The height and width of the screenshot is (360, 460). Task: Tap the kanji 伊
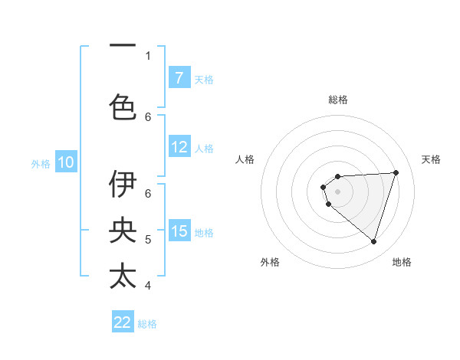[x=123, y=184]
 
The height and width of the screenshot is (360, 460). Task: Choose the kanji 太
[x=123, y=276]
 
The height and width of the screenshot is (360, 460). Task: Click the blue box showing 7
[x=179, y=77]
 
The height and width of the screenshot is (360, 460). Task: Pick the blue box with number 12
[x=179, y=148]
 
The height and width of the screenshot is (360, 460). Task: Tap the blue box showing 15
[x=179, y=231]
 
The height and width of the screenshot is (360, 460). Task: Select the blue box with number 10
[x=66, y=162]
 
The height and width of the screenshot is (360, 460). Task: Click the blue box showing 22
[x=123, y=322]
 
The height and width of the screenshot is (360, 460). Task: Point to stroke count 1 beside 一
[x=148, y=55]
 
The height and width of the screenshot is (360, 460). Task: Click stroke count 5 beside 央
[x=148, y=240]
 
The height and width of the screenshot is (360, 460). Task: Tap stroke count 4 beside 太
[x=148, y=286]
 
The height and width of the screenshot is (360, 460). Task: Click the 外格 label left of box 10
[x=41, y=163]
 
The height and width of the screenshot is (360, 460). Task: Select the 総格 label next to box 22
[x=147, y=324]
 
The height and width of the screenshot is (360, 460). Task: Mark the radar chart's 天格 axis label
[x=431, y=159]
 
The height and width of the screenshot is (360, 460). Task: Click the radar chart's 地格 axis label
[x=402, y=262]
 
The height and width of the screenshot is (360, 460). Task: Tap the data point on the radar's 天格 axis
[x=396, y=172]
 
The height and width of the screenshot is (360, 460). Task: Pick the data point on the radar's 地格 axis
[x=373, y=241]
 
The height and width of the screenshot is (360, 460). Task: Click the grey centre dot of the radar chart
[x=337, y=190]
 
